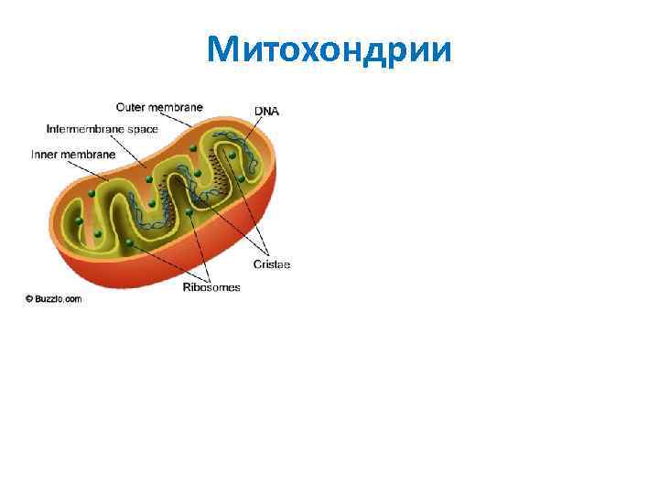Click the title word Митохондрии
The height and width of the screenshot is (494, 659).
point(329,49)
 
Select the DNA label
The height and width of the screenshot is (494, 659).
point(266,112)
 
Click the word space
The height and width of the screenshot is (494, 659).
point(143,130)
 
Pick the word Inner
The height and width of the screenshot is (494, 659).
point(46,155)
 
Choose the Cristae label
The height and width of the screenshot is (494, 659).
point(272,264)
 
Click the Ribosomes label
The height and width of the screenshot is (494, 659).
point(211,287)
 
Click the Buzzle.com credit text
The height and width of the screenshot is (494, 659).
point(58,298)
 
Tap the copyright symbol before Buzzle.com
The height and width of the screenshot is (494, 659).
point(29,298)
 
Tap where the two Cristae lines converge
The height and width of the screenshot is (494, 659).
point(268,253)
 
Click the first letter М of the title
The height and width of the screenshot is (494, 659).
point(222,49)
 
